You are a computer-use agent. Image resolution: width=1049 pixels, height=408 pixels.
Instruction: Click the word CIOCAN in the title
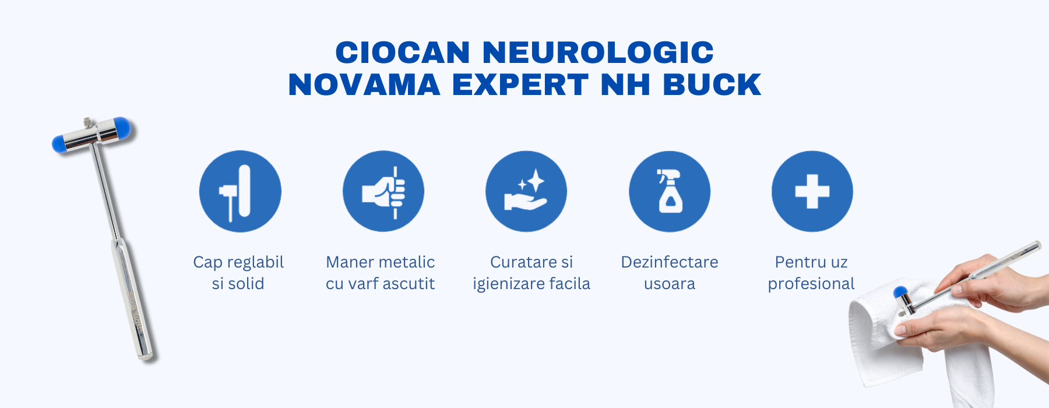point(403,52)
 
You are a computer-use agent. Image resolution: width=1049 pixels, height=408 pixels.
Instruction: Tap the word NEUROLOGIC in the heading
point(598,52)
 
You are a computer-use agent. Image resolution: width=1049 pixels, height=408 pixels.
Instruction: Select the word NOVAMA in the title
point(364,85)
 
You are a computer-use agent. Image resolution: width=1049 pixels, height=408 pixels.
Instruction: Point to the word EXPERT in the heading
point(520,85)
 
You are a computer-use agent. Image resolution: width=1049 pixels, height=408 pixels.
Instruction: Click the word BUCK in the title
point(712,85)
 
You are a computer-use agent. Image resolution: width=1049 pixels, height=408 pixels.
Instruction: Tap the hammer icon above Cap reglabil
point(240,191)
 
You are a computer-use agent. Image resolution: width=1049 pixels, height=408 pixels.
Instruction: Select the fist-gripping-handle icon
point(383,191)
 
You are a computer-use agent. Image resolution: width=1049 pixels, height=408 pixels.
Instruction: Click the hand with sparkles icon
point(526,191)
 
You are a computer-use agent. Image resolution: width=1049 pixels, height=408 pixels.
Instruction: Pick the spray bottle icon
point(670,191)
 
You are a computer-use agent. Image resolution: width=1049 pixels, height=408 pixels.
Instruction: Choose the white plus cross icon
point(812,191)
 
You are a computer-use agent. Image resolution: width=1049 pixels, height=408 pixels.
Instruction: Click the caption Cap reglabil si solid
point(238,273)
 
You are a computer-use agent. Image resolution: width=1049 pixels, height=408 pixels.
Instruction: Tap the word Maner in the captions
point(347,262)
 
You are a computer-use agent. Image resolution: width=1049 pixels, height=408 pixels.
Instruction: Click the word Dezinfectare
point(670,262)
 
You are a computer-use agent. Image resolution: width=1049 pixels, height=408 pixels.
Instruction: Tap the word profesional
point(811,284)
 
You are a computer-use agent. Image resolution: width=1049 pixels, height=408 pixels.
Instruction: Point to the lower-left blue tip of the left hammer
point(59,143)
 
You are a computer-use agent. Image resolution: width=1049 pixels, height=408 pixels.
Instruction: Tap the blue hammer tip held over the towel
point(900,292)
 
